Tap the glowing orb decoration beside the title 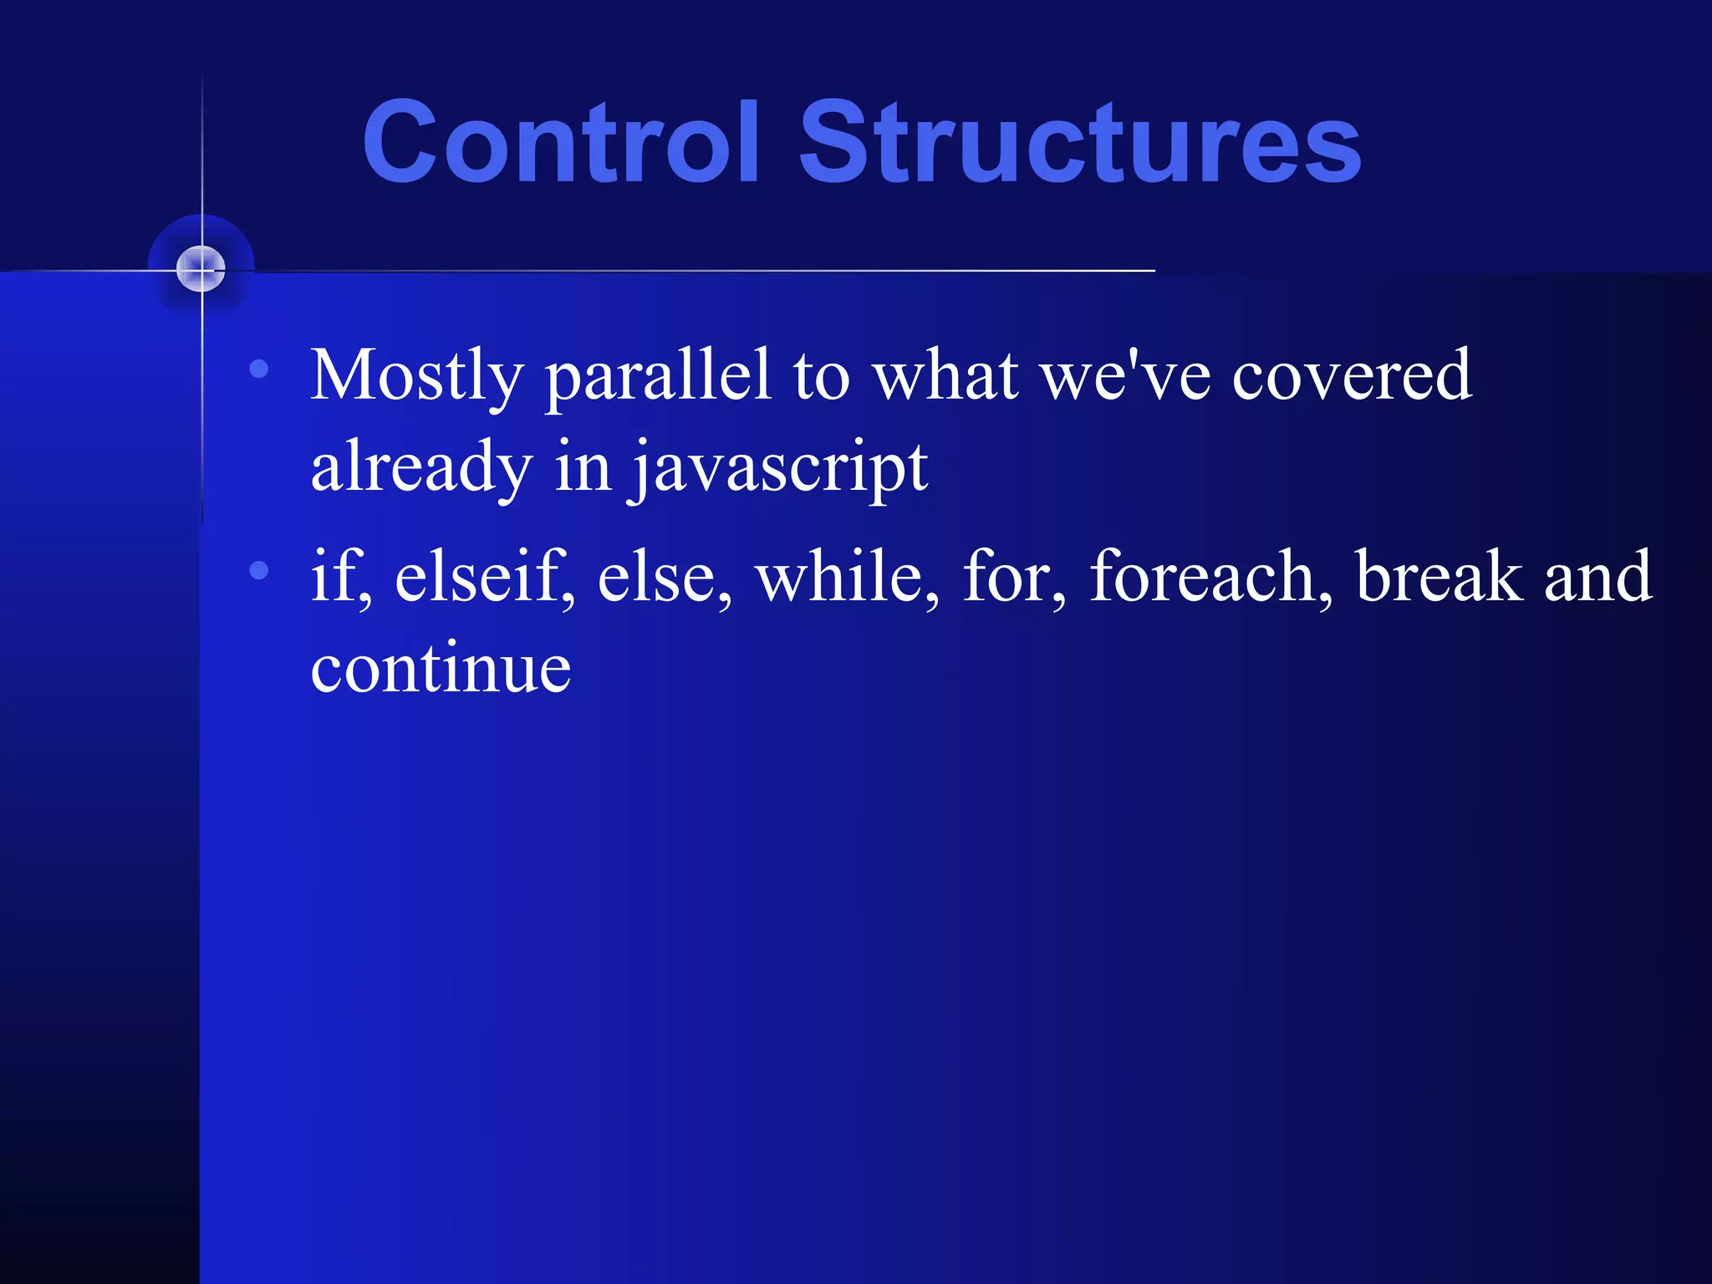[x=201, y=269]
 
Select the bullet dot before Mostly [x=259, y=368]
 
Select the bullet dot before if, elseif [x=259, y=570]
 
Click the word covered [x=1352, y=376]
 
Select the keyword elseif [x=483, y=577]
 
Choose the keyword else [x=662, y=577]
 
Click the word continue [x=441, y=669]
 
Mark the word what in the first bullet [x=945, y=376]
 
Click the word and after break [x=1597, y=577]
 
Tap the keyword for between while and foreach [x=1012, y=577]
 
